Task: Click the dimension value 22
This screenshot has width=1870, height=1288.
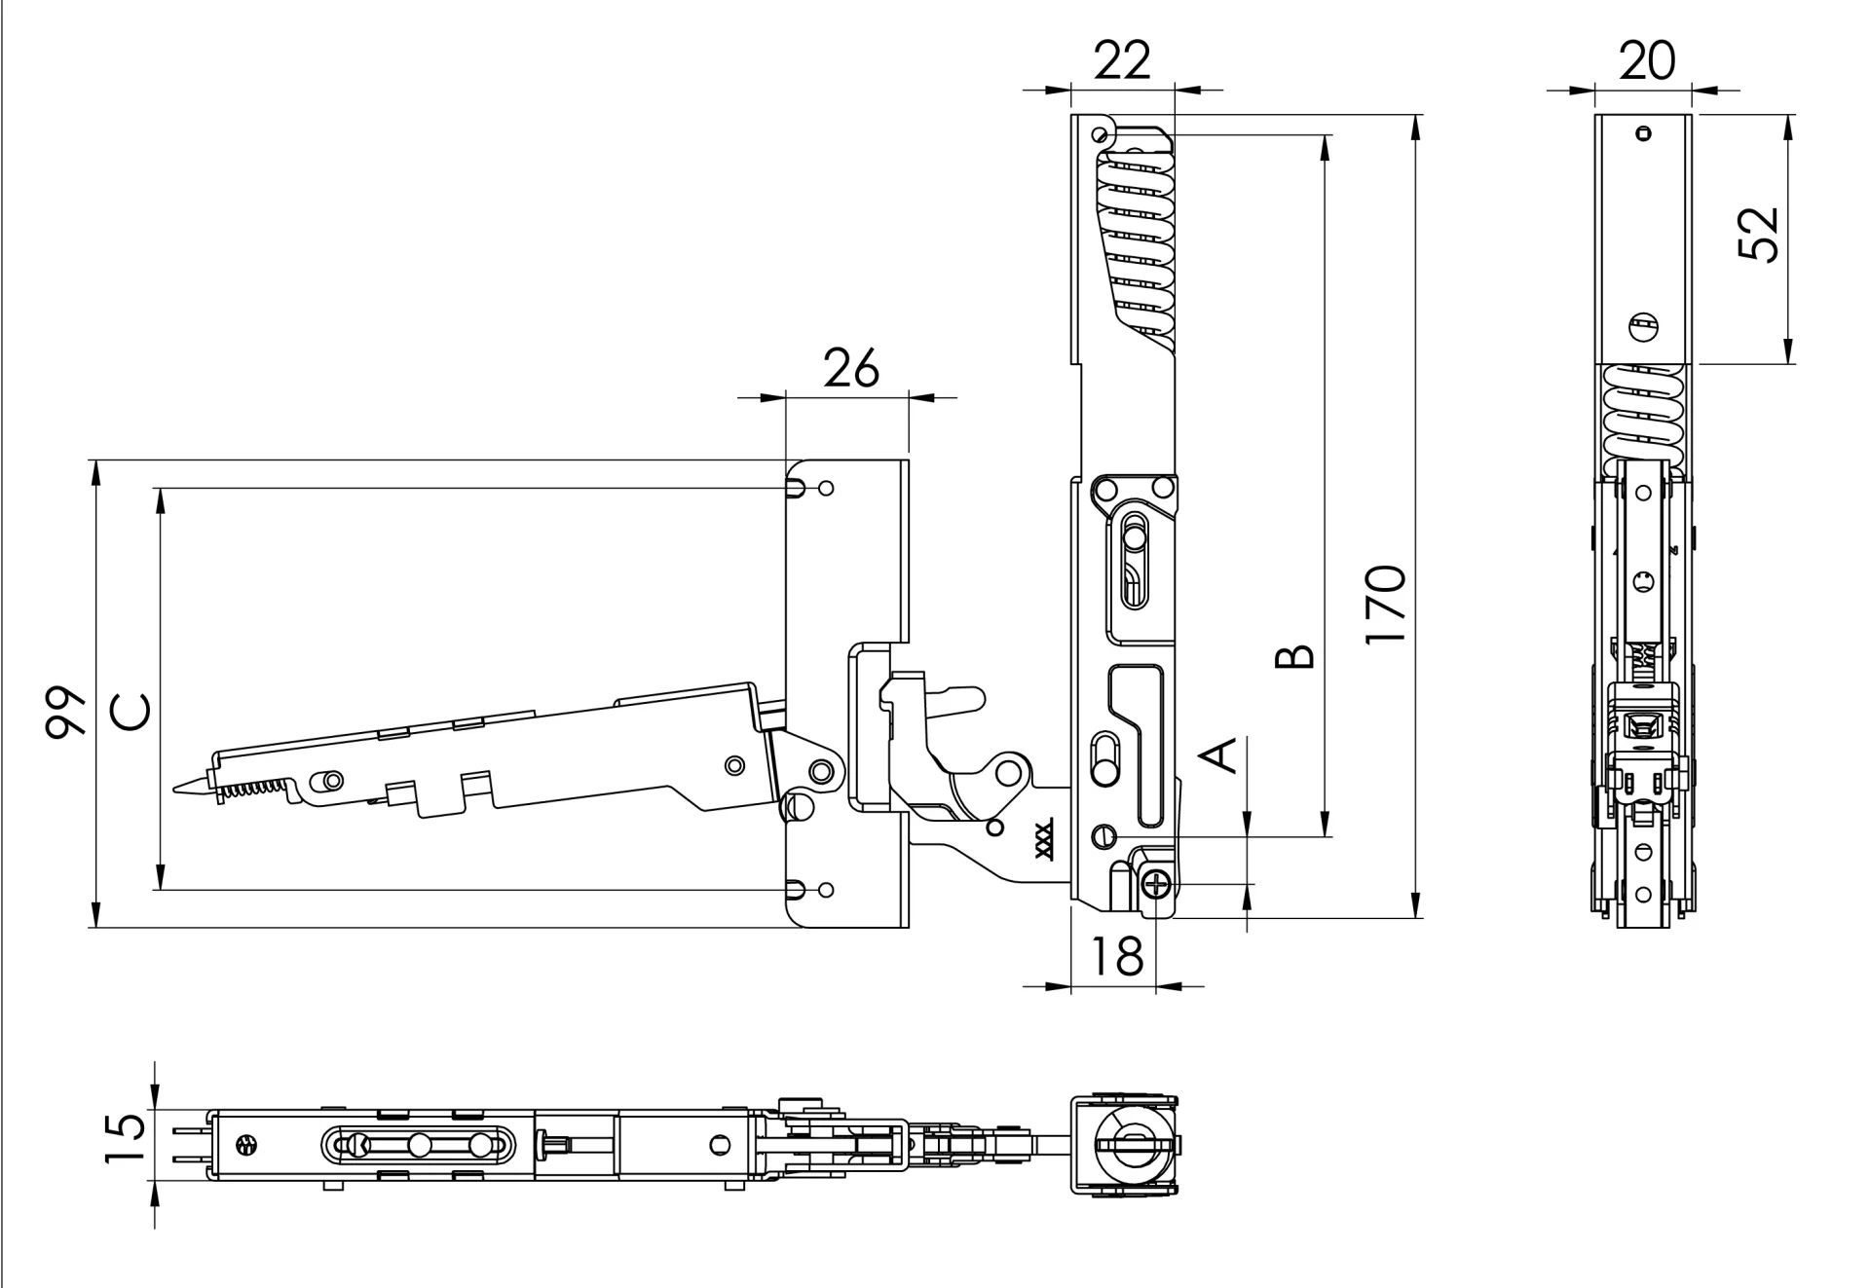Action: coord(1122,60)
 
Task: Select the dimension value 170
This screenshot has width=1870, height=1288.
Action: coord(1386,604)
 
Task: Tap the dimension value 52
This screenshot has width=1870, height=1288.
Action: coord(1759,235)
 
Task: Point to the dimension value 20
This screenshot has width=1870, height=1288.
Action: coord(1647,60)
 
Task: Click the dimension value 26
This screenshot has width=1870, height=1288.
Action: coord(850,368)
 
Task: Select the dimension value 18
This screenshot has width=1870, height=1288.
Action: coord(1116,956)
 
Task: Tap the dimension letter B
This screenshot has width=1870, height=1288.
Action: coord(1296,657)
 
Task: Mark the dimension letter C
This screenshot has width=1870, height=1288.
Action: coord(130,712)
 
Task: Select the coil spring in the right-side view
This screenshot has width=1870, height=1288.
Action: coord(1644,414)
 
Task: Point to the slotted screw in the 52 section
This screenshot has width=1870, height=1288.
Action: coord(1643,327)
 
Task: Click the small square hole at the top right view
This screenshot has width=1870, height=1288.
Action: coord(1645,134)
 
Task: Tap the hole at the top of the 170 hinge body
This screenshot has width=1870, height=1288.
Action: coord(1101,133)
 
